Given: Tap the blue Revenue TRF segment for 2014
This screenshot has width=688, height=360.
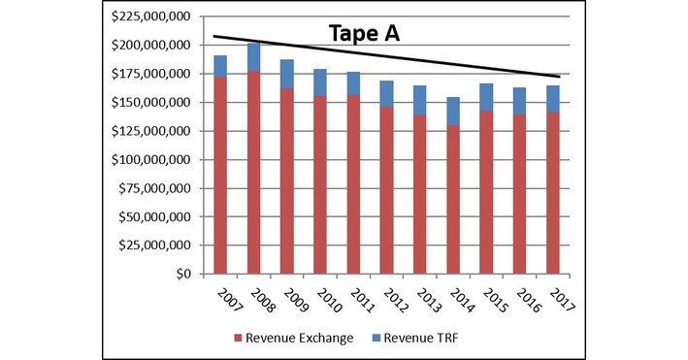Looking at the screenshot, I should (x=453, y=111).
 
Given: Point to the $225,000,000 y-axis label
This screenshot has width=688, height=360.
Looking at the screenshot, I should (x=154, y=17).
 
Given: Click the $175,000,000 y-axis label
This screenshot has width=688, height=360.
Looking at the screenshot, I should (x=154, y=74).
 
